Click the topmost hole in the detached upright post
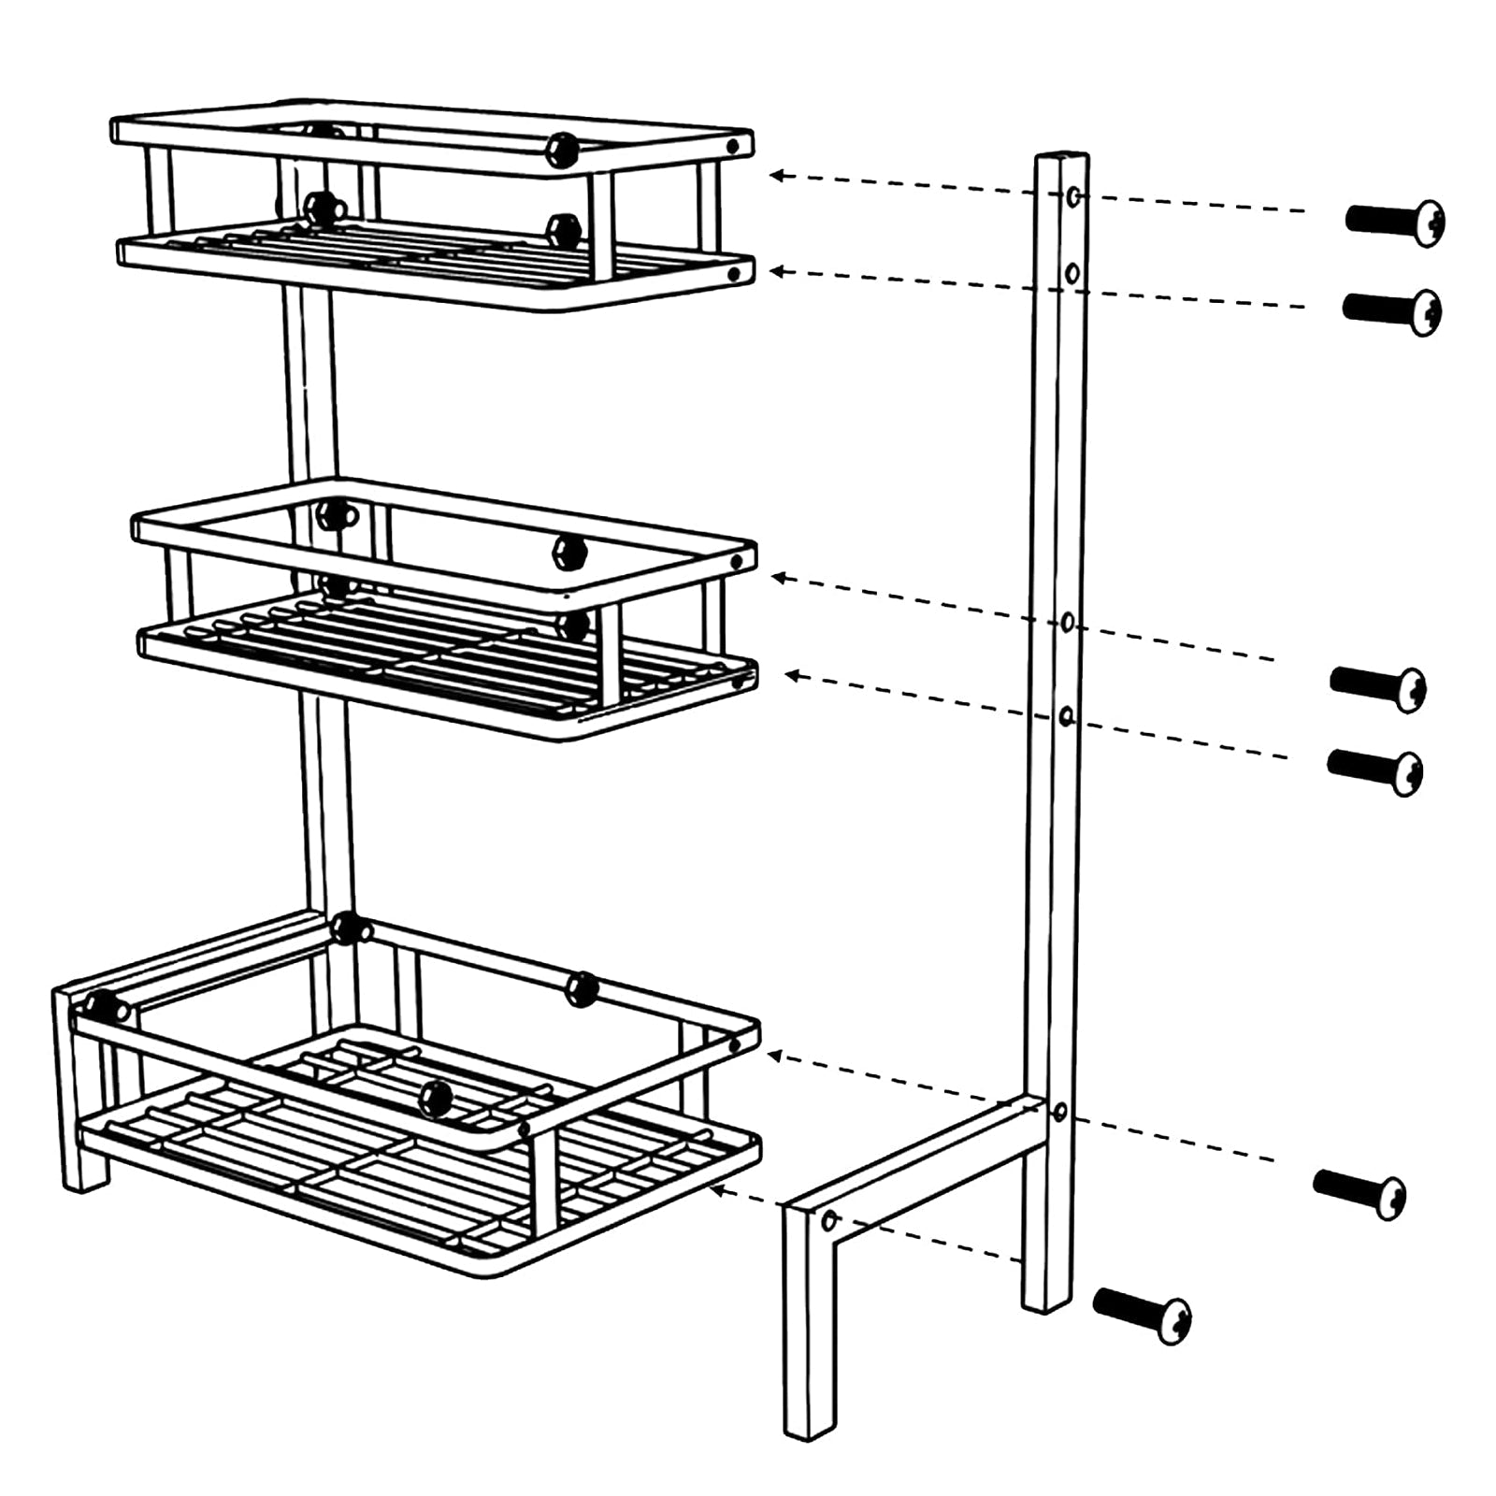(1074, 196)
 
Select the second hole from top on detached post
(1072, 273)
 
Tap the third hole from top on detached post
(1068, 623)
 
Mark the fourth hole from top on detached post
(1066, 717)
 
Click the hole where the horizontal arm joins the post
(1060, 1112)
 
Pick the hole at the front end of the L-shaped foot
(828, 1220)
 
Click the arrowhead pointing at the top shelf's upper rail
(777, 175)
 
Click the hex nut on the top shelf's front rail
(563, 150)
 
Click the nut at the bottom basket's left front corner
(107, 1007)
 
